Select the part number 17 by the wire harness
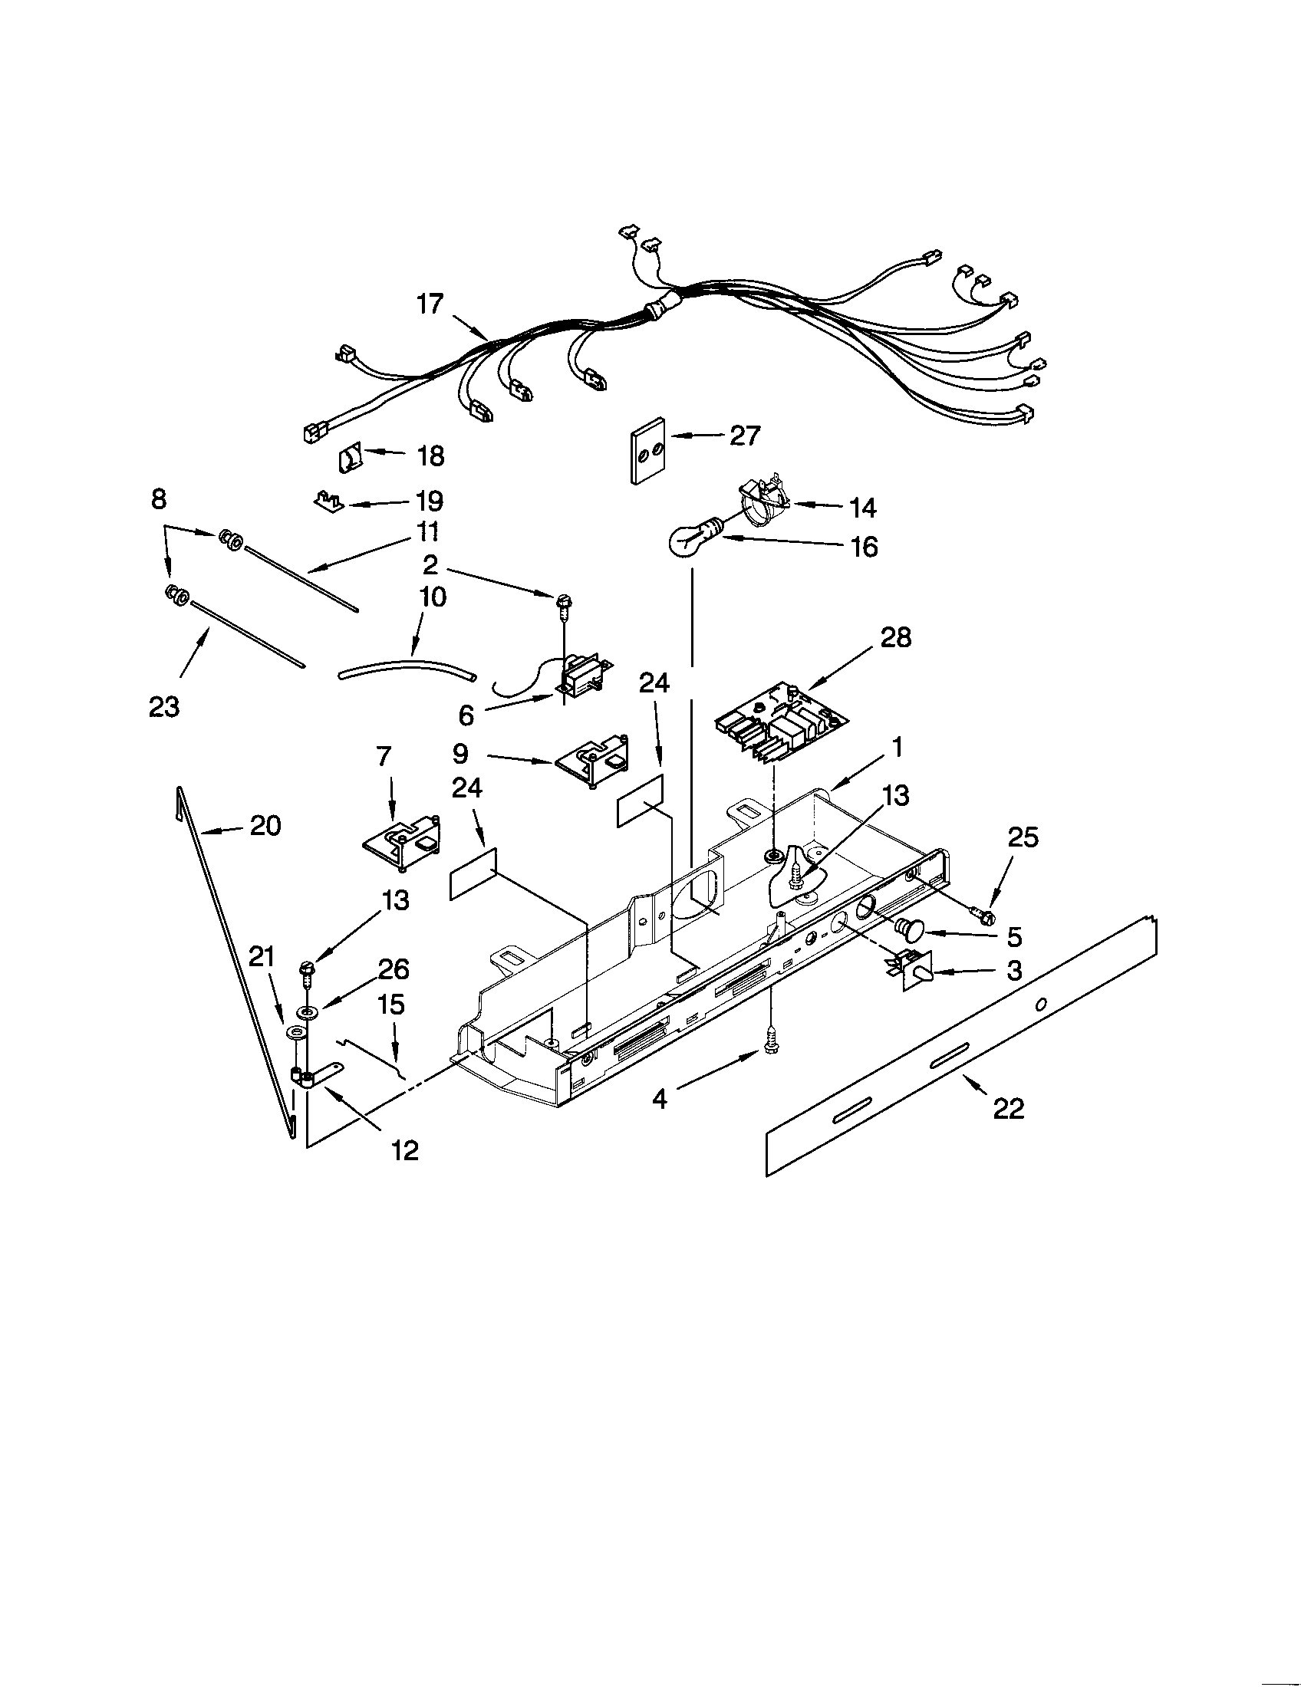pos(430,304)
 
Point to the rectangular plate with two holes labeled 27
pos(648,451)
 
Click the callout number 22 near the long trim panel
pos(1008,1109)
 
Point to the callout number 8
pos(158,500)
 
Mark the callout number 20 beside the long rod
pos(265,826)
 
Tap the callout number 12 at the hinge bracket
pos(405,1150)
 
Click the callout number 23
pos(164,706)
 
